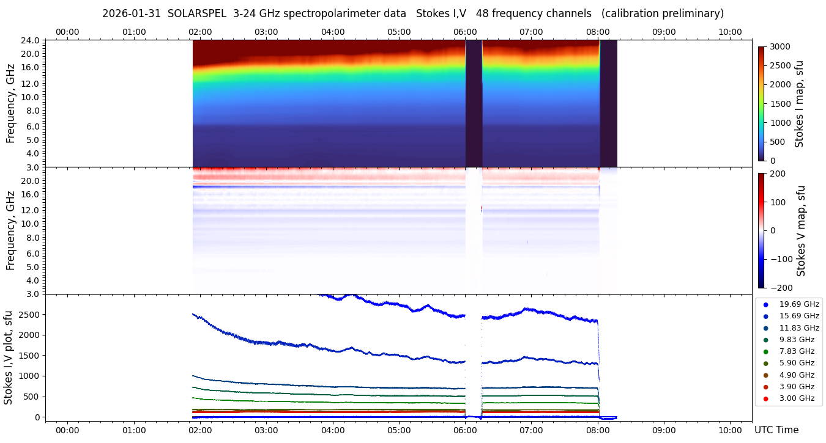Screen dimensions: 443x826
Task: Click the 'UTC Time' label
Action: point(776,430)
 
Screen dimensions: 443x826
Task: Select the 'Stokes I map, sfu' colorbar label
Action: point(799,104)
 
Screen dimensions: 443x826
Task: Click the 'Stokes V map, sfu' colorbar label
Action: point(801,231)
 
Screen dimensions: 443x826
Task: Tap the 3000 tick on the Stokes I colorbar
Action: point(779,47)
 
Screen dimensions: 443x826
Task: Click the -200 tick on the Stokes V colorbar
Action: point(781,288)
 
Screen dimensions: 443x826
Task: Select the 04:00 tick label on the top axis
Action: point(332,32)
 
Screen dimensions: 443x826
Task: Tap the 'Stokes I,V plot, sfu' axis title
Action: point(9,357)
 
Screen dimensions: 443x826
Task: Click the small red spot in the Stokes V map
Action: point(482,208)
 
